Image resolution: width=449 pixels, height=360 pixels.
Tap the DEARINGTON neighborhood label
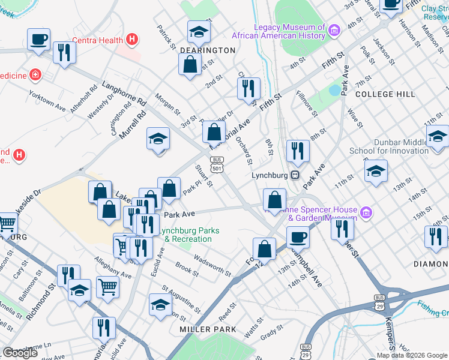pos(208,50)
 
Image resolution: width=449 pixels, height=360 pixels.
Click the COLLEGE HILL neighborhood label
pos(385,94)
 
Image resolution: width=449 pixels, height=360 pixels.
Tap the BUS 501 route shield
pos(217,164)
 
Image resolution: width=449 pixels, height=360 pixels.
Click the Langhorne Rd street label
pos(124,93)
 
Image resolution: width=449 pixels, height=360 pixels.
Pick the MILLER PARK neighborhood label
pos(208,329)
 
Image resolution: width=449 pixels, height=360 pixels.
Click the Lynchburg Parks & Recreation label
pos(188,235)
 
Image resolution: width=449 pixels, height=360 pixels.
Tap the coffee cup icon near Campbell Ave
pos(298,236)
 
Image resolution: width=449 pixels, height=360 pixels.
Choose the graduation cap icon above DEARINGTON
pos(199,31)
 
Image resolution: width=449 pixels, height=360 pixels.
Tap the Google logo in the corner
pos(20,352)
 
